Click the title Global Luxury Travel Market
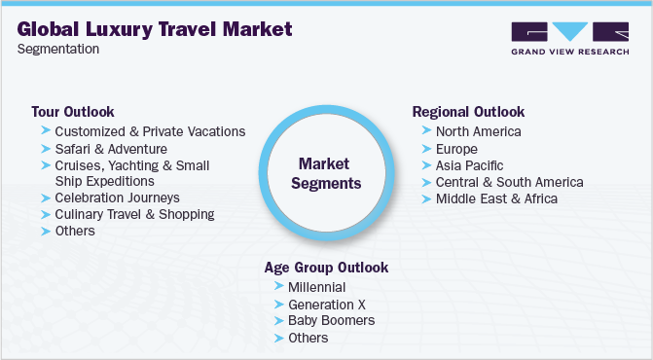point(153,29)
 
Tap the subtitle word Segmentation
point(57,50)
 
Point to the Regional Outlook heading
point(468,112)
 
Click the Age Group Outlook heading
point(326,267)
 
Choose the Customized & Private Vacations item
point(150,131)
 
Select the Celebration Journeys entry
point(117,198)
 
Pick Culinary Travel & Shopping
point(134,214)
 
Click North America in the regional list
point(478,131)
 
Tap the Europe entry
point(456,149)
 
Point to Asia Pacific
point(469,165)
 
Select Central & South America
point(509,182)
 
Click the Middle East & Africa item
point(496,198)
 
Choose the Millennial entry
point(317,287)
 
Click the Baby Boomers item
point(331,320)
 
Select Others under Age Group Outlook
point(308,338)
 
